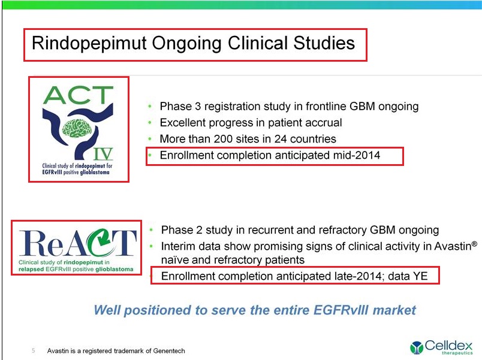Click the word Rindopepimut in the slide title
(x=89, y=43)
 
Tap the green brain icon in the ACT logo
(x=77, y=128)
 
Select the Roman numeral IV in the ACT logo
(x=103, y=153)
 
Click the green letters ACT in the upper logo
(x=79, y=95)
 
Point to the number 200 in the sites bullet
(x=223, y=139)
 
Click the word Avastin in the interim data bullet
(x=453, y=246)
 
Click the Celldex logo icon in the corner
(x=417, y=347)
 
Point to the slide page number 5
(x=34, y=350)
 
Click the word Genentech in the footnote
(x=169, y=351)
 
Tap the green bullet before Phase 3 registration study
(x=150, y=106)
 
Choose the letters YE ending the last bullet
(x=420, y=276)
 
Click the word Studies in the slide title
(x=324, y=43)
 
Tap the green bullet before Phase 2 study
(x=151, y=230)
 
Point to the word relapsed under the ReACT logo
(x=31, y=270)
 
